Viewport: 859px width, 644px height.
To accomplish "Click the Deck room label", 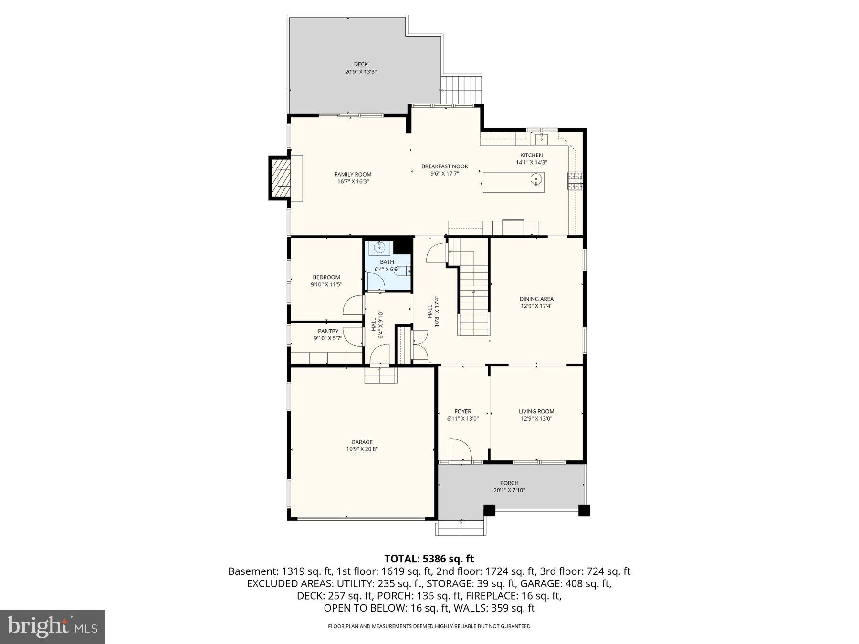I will pyautogui.click(x=361, y=64).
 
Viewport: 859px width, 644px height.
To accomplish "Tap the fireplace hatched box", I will pyautogui.click(x=281, y=178).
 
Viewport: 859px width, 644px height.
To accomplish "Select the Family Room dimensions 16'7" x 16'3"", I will pyautogui.click(x=353, y=182).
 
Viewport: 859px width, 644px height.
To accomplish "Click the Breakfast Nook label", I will pyautogui.click(x=444, y=166).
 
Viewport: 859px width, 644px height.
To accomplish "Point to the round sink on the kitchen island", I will pyautogui.click(x=536, y=180).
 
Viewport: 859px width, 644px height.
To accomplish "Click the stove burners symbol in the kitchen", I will pyautogui.click(x=575, y=180).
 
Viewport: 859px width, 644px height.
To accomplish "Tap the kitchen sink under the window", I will pyautogui.click(x=541, y=139).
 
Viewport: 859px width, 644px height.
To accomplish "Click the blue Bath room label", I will pyautogui.click(x=387, y=262).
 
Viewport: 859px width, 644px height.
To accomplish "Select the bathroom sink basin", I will pyautogui.click(x=379, y=248).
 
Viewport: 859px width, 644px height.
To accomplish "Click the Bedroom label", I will pyautogui.click(x=326, y=277).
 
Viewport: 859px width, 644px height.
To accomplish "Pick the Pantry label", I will pyautogui.click(x=328, y=331).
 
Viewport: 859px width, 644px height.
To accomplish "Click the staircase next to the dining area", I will pyautogui.click(x=474, y=301).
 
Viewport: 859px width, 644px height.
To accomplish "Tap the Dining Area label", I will pyautogui.click(x=536, y=299).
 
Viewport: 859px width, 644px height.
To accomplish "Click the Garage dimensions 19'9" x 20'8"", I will pyautogui.click(x=362, y=449).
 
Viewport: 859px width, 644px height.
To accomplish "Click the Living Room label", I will pyautogui.click(x=536, y=411).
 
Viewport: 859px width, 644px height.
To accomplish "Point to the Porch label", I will pyautogui.click(x=509, y=483).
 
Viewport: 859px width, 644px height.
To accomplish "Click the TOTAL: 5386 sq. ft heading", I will pyautogui.click(x=429, y=559).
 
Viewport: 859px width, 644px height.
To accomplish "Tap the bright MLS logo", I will pyautogui.click(x=52, y=626).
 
